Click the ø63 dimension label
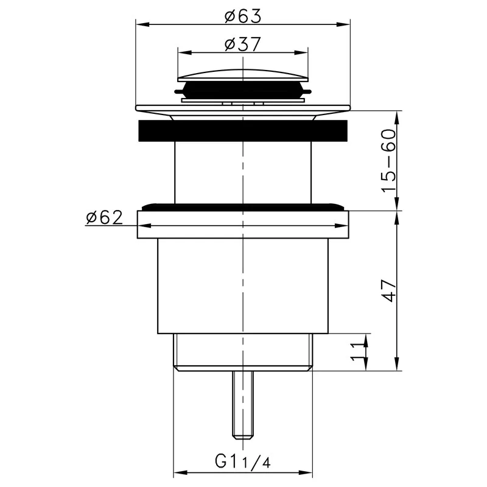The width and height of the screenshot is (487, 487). (x=242, y=16)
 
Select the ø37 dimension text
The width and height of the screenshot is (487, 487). (x=242, y=44)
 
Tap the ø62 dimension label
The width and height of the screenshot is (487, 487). (x=104, y=217)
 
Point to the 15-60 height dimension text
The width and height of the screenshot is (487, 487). (x=389, y=161)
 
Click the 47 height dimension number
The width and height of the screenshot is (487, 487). (x=389, y=291)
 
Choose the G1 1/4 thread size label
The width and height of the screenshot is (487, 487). (x=242, y=461)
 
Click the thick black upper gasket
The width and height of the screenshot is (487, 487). (x=243, y=130)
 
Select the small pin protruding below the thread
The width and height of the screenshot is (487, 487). (x=242, y=405)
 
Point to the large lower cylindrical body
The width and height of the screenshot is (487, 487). (x=243, y=286)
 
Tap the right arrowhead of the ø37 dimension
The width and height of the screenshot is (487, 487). (x=305, y=52)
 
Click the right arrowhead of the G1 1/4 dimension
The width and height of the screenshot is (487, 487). (x=307, y=472)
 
